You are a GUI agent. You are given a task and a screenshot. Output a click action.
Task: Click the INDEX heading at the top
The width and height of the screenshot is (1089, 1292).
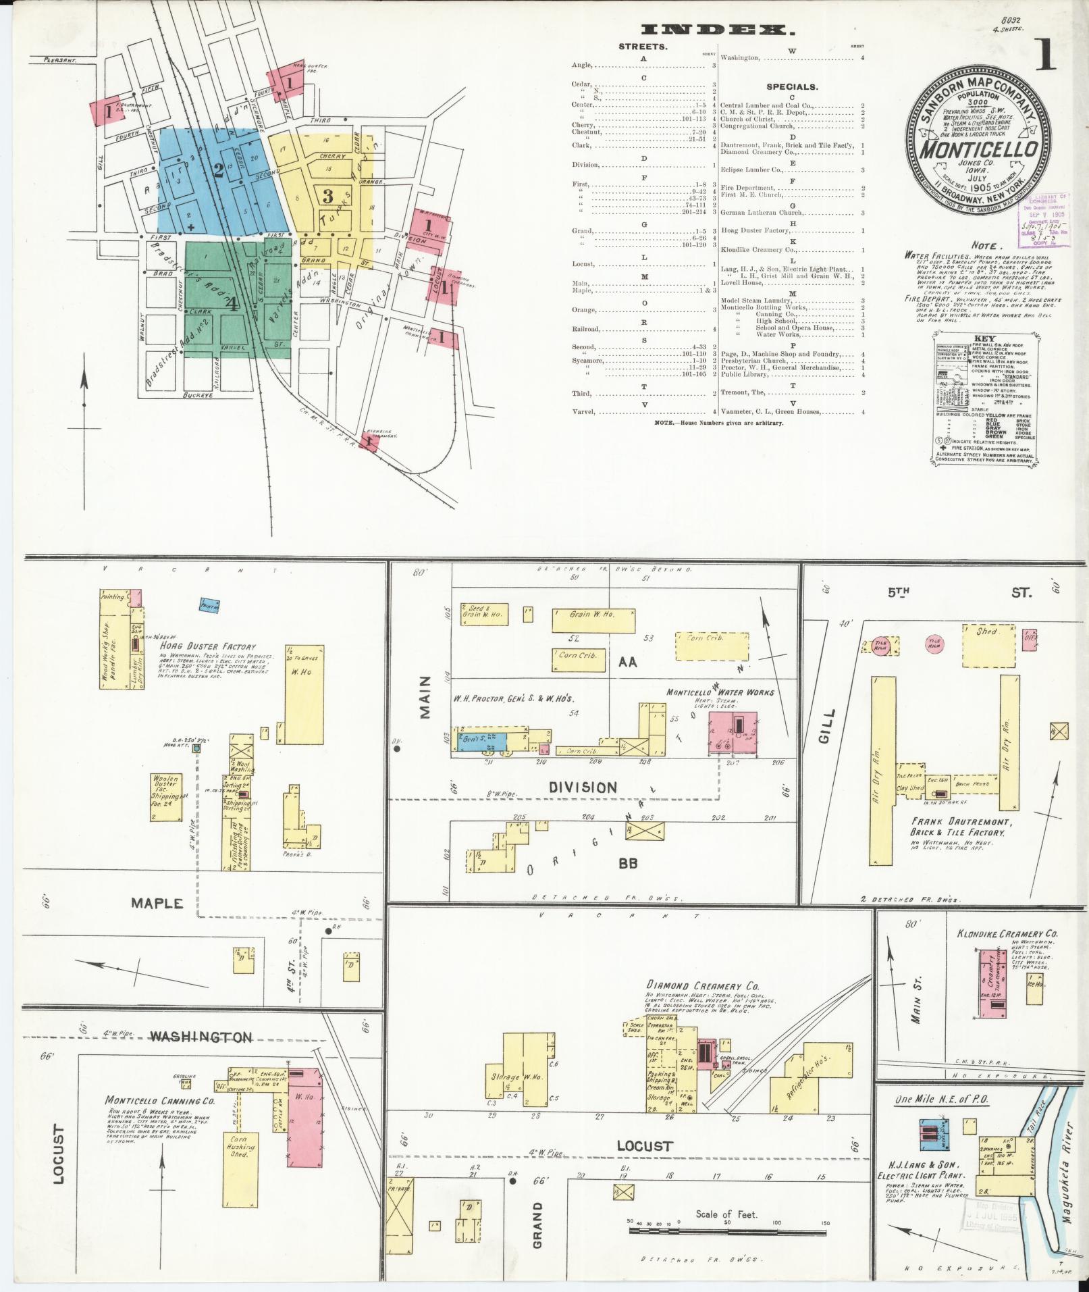click(x=717, y=29)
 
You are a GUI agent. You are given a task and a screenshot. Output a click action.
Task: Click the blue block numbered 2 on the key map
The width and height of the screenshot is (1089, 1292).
click(x=218, y=170)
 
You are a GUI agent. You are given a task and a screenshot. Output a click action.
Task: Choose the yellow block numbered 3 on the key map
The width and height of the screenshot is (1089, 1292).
click(x=328, y=197)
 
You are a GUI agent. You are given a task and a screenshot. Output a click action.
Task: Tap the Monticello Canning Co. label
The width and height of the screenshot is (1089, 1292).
click(x=149, y=1102)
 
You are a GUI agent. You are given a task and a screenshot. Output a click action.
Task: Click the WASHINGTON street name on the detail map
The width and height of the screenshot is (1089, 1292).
click(x=201, y=1037)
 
